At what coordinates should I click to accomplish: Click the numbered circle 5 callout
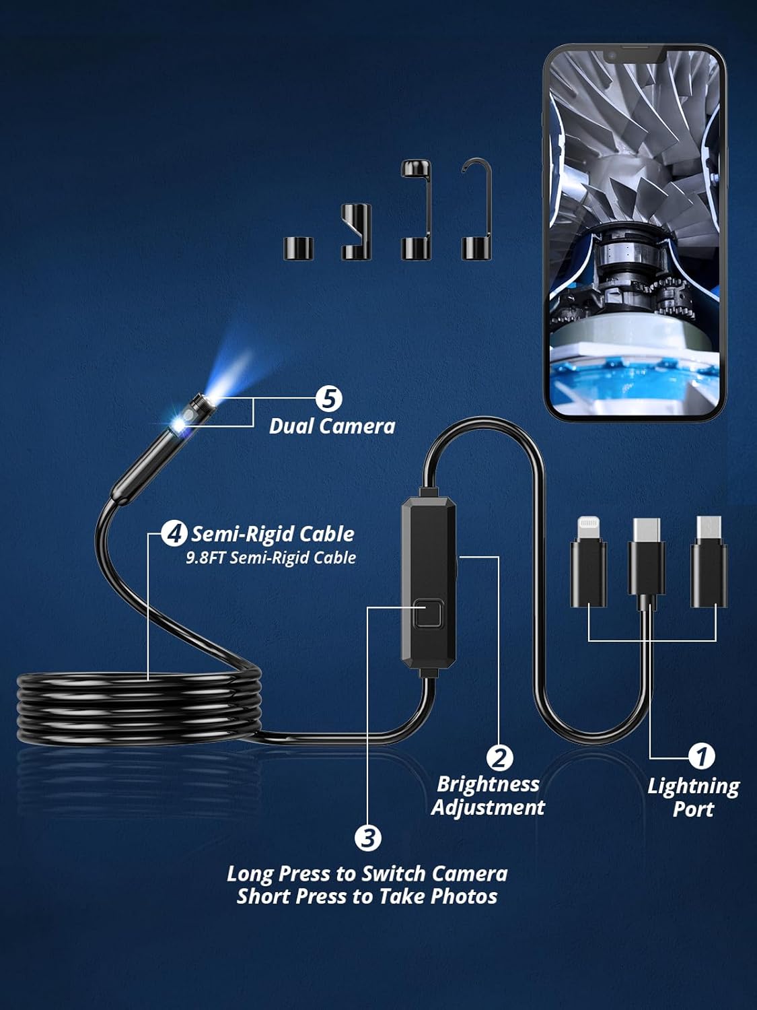329,399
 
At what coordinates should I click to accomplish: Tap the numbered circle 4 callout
174,534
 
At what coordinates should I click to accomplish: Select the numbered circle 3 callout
368,838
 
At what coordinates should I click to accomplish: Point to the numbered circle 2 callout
499,757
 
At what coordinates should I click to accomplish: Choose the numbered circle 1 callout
702,756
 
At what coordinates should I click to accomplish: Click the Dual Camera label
332,426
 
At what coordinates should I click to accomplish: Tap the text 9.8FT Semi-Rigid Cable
271,558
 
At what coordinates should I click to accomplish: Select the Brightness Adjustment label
488,796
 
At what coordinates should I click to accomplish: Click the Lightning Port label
693,797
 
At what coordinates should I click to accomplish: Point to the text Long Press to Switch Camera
367,874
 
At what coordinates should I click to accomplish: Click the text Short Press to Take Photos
367,897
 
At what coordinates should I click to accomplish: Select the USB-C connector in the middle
647,559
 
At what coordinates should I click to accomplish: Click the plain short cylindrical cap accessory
298,248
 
